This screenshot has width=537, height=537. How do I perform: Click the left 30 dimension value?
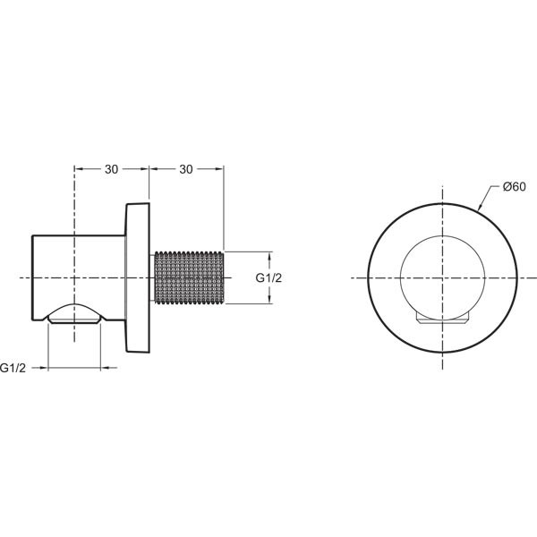click(111, 169)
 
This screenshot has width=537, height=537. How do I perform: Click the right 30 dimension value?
click(186, 169)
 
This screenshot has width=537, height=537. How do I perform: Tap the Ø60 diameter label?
click(514, 187)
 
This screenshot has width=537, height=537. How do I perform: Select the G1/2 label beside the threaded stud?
click(268, 277)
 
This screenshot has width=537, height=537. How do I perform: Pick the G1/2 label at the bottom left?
click(13, 368)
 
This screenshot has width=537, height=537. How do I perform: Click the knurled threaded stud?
click(190, 277)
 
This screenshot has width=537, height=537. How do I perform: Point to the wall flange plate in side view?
click(138, 277)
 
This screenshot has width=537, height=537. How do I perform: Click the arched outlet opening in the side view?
click(74, 312)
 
